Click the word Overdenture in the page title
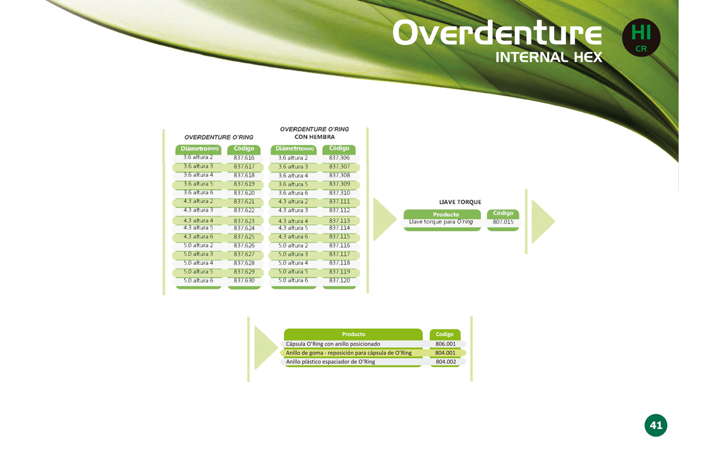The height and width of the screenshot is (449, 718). [x=497, y=33]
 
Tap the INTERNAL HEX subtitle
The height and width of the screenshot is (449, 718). [x=549, y=57]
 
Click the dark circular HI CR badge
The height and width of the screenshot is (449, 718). [x=641, y=38]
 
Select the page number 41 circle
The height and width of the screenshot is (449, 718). [x=656, y=425]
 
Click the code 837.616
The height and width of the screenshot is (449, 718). [x=244, y=158]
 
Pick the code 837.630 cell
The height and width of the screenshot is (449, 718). [x=244, y=281]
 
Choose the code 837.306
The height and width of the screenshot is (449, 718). [x=339, y=158]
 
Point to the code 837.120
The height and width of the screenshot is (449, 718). [x=339, y=280]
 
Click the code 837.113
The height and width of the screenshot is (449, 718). [x=339, y=221]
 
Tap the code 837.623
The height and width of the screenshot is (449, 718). [x=244, y=221]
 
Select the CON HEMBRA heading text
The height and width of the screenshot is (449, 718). [x=315, y=137]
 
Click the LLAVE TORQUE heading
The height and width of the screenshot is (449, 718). [x=460, y=202]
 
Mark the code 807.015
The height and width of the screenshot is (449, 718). [x=503, y=222]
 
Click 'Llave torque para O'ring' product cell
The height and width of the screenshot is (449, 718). [x=441, y=222]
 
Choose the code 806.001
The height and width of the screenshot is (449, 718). [x=445, y=344]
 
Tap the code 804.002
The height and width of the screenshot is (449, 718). [x=445, y=362]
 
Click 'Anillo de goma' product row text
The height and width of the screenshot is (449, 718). [x=349, y=353]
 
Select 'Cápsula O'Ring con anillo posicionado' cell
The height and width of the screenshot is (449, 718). [x=333, y=344]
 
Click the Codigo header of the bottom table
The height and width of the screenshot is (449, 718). [x=445, y=334]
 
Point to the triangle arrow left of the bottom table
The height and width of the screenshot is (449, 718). [x=265, y=347]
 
